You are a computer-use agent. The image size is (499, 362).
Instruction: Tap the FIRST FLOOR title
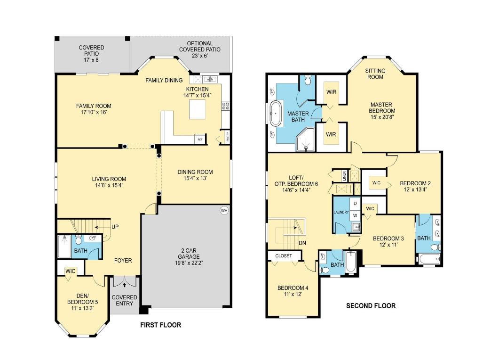click(161, 325)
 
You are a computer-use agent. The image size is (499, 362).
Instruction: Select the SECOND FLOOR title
click(371, 306)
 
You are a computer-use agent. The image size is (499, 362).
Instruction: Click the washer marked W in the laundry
click(356, 215)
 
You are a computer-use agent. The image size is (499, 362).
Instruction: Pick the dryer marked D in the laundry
click(356, 203)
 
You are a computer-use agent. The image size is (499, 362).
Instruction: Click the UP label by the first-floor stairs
click(115, 226)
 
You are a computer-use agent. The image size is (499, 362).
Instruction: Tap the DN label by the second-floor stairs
click(302, 243)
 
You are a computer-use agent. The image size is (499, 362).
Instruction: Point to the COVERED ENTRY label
click(125, 301)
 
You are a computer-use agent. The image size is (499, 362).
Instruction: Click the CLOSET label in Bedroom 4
click(283, 256)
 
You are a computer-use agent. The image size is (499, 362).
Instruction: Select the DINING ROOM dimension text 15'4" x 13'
click(195, 179)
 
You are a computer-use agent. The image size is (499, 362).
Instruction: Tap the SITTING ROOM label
click(375, 74)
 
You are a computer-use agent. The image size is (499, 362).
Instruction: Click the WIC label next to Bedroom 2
click(376, 183)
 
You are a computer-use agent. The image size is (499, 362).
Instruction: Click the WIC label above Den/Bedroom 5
click(71, 271)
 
